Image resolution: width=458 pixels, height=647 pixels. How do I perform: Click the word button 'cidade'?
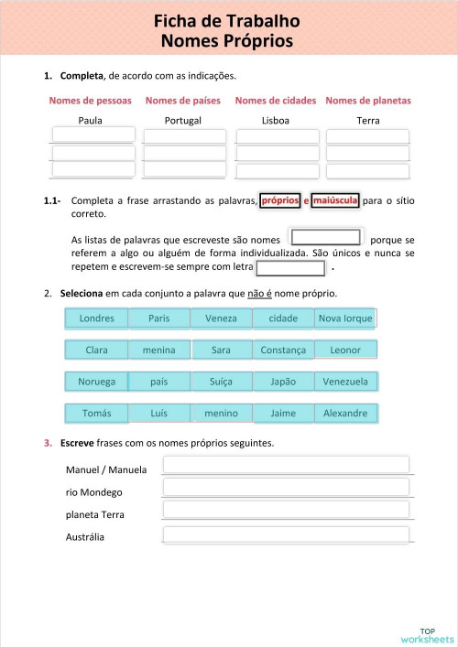pyautogui.click(x=282, y=318)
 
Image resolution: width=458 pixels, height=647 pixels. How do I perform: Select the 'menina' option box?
pyautogui.click(x=158, y=350)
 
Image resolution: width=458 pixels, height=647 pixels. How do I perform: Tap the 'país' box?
pyautogui.click(x=158, y=382)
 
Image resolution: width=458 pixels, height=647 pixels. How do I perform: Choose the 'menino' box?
pyautogui.click(x=221, y=413)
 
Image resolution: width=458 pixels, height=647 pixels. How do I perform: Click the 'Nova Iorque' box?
pyautogui.click(x=344, y=318)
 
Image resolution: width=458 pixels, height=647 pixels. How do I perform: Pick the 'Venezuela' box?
pyautogui.click(x=345, y=382)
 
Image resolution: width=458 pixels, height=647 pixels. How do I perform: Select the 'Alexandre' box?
pyautogui.click(x=345, y=413)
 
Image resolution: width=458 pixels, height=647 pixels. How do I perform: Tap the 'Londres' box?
pyautogui.click(x=97, y=318)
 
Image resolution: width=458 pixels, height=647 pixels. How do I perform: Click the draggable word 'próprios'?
pyautogui.click(x=280, y=200)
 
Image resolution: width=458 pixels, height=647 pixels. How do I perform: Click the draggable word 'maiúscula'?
pyautogui.click(x=334, y=200)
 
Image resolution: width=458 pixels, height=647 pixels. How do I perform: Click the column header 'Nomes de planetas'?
pyautogui.click(x=368, y=101)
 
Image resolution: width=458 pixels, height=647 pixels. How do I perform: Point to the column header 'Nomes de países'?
pyautogui.click(x=183, y=101)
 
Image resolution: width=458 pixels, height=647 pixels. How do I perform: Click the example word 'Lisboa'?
pyautogui.click(x=276, y=120)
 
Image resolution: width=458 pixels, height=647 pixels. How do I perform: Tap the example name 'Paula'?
pyautogui.click(x=91, y=120)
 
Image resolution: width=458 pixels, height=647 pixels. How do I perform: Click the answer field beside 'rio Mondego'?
pyautogui.click(x=286, y=488)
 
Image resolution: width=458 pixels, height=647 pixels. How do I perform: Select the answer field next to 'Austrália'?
pyautogui.click(x=286, y=534)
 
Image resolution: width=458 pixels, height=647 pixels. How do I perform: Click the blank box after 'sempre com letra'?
pyautogui.click(x=290, y=268)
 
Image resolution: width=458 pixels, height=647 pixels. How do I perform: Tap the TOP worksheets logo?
pyautogui.click(x=427, y=634)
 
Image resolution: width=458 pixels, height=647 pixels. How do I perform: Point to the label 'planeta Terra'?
pyautogui.click(x=95, y=514)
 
